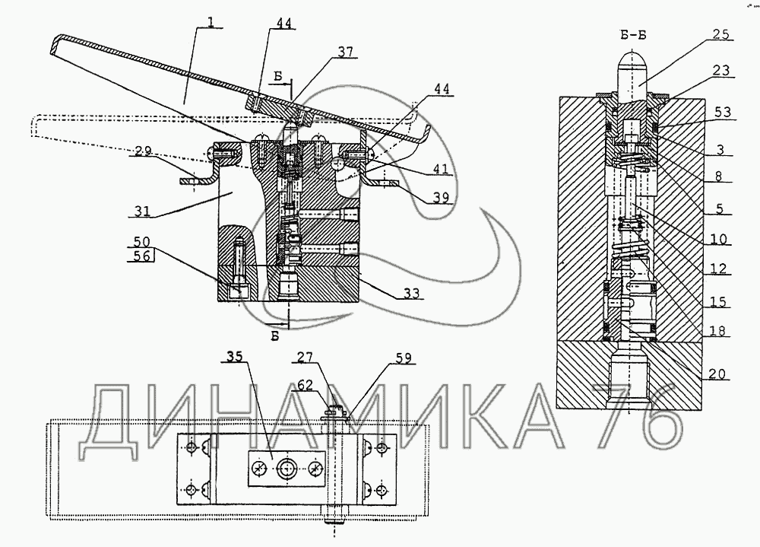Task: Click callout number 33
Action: pos(413,293)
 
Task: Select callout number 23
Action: pos(722,70)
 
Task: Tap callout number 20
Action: pos(718,374)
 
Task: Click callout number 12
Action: pos(717,269)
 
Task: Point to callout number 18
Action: pos(717,331)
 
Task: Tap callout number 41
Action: pos(435,169)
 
